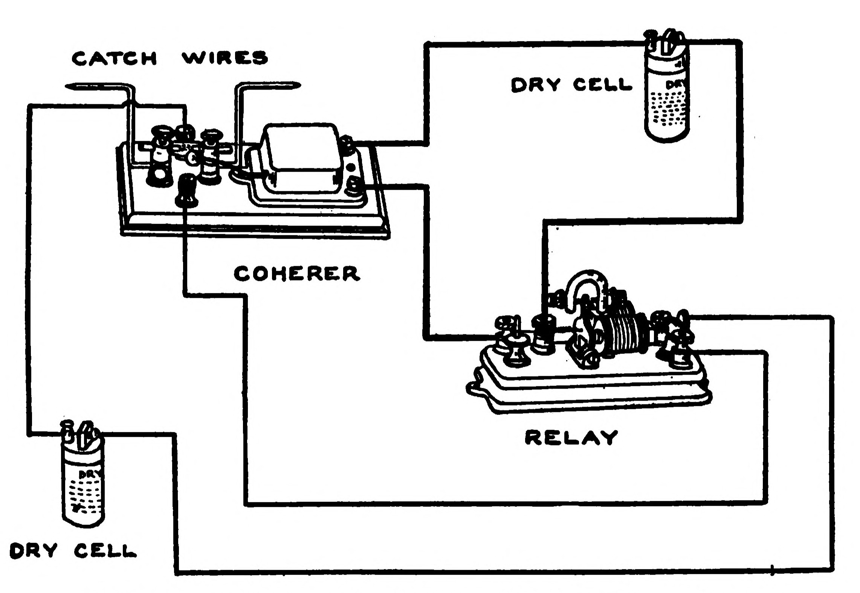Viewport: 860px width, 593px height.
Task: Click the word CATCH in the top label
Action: tap(114, 58)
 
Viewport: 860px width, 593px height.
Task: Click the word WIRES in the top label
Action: tap(225, 58)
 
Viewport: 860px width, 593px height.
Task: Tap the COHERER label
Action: tap(296, 274)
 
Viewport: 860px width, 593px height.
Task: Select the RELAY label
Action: tap(571, 438)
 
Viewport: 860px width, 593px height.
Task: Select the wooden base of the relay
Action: tap(588, 388)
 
